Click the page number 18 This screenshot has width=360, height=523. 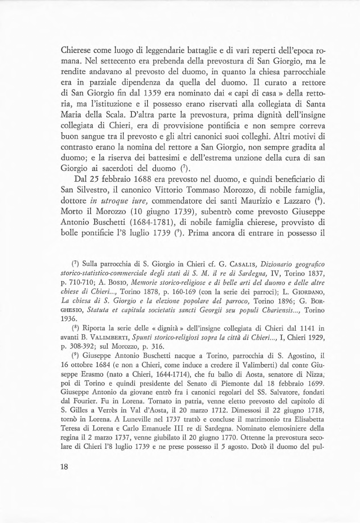(63, 483)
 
